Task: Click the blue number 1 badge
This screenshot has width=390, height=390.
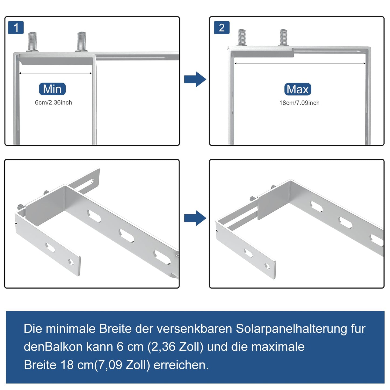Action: click(16, 28)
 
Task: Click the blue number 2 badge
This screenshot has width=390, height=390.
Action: click(222, 28)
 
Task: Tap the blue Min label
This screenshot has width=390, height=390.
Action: click(52, 89)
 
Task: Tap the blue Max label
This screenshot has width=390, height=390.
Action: click(297, 89)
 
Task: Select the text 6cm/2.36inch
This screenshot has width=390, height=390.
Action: click(53, 102)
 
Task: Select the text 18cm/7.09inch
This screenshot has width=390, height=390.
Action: click(299, 103)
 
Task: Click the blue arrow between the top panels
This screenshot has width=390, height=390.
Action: click(195, 79)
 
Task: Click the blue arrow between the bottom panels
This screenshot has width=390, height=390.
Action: click(195, 218)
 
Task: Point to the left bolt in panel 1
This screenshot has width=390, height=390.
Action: click(32, 42)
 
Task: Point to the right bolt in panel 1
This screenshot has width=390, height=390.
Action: click(82, 42)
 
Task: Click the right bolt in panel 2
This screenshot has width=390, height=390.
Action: click(283, 38)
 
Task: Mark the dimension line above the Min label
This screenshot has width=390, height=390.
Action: click(55, 73)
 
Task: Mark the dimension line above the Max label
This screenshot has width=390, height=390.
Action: click(300, 63)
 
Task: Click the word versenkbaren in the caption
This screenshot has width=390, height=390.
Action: click(194, 329)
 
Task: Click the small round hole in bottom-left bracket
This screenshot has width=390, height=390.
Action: click(71, 262)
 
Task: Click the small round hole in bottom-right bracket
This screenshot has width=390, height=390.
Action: click(267, 266)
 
